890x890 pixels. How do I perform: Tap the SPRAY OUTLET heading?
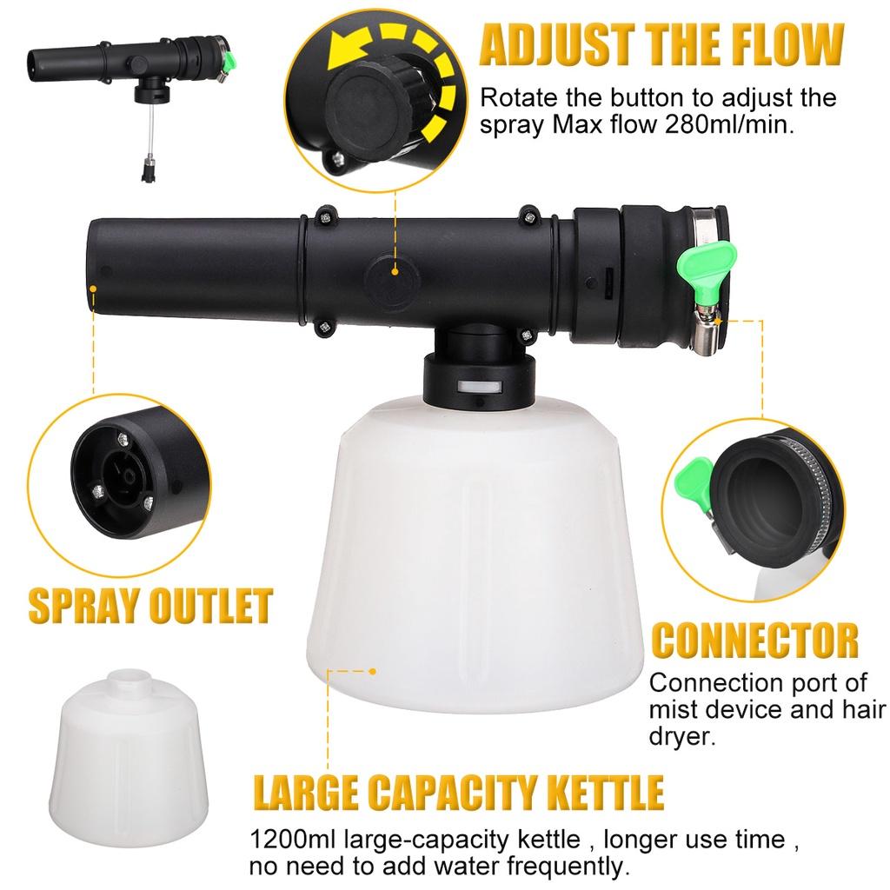coord(150,606)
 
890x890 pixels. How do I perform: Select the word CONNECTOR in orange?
coord(754,641)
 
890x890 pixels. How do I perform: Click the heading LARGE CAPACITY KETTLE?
coord(458,794)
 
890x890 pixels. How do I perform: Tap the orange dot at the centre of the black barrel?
coord(395,271)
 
